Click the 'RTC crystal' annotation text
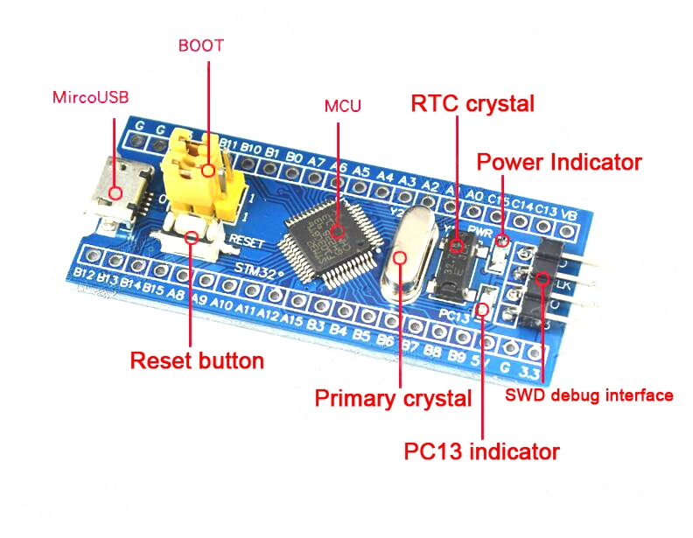coord(472,103)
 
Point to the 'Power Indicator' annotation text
coord(559,162)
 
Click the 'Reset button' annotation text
coord(197,360)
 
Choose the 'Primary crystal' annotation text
coord(393,399)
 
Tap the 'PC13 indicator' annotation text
coord(481,451)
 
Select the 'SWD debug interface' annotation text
coord(590,395)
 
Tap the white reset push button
coord(191,236)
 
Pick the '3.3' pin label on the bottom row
coord(527,372)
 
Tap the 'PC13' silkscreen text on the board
coord(455,313)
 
